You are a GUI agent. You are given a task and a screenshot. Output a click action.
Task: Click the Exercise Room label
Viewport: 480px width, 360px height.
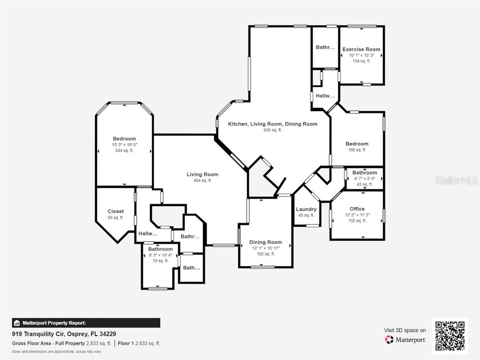pos(361,49)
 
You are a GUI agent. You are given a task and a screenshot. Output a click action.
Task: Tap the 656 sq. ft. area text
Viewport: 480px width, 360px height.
pos(272,130)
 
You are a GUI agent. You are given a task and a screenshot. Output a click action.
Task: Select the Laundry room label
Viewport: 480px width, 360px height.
pos(306,209)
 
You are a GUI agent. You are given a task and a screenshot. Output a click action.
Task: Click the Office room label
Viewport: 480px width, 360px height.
pos(357,209)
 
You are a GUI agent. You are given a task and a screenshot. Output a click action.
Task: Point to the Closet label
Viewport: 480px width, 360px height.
pos(116,211)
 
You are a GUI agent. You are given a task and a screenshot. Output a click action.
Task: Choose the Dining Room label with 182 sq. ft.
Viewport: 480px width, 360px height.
pos(265,242)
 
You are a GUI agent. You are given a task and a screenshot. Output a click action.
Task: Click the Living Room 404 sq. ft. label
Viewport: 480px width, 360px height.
pos(202,174)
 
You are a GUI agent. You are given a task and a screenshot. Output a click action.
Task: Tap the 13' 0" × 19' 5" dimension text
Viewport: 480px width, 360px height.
pos(124,145)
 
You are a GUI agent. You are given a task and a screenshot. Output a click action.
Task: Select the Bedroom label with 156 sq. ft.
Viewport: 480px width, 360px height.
pos(357,144)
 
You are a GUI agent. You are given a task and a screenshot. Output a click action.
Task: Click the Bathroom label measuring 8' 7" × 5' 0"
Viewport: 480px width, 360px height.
pos(364,172)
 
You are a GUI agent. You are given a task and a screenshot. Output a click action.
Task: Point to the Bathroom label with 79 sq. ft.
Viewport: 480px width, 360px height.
pos(160,249)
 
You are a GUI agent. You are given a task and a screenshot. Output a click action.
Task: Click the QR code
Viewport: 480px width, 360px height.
pos(450,335)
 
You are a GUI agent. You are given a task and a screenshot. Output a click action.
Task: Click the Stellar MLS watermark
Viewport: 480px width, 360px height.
pos(456,180)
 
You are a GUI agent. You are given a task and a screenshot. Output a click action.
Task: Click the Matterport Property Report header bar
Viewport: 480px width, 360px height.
pos(86,323)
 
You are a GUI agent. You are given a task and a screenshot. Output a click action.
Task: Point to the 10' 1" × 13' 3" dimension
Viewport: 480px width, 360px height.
pos(361,55)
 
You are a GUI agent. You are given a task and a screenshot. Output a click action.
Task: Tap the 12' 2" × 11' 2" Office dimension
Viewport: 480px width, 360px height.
pos(357,215)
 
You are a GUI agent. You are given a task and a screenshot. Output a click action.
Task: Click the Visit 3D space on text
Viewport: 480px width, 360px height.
pos(405,330)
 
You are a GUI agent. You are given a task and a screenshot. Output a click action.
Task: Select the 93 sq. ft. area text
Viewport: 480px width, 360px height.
pos(116,217)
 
